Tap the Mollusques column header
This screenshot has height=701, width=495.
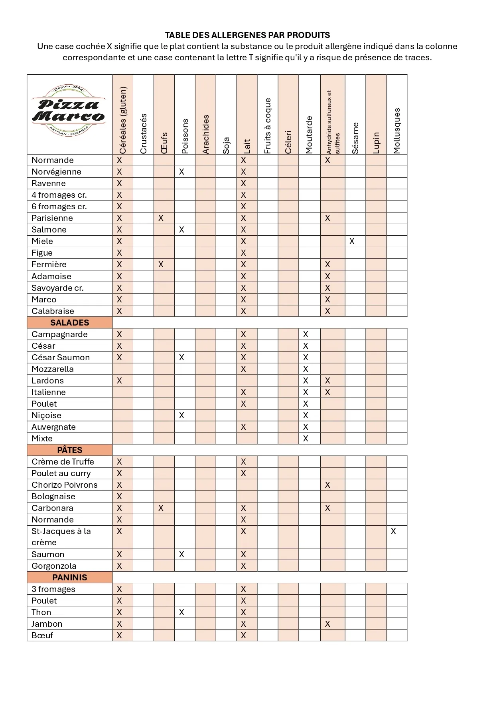tap(396, 131)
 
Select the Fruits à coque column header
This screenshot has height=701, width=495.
tap(268, 125)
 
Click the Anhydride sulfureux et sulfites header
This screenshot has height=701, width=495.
tap(332, 121)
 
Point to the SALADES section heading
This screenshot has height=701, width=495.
tap(70, 323)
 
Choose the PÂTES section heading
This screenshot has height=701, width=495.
tap(70, 450)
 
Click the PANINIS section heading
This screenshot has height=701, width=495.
tap(70, 578)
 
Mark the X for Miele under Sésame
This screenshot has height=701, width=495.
tap(352, 241)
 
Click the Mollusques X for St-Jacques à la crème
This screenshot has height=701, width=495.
tap(393, 531)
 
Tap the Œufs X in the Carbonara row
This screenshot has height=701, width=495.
tap(161, 508)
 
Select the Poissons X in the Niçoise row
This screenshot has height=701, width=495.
tap(181, 415)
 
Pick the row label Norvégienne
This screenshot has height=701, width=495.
tap(56, 172)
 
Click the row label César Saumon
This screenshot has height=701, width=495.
tap(61, 357)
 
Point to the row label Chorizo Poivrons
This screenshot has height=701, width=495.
tap(65, 485)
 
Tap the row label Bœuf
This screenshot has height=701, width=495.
tap(42, 635)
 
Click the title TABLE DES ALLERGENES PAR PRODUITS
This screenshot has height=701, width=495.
tap(247, 35)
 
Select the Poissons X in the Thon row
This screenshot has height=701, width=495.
tap(181, 612)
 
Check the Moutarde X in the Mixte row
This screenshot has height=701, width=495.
tap(306, 439)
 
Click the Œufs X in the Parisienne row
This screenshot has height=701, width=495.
tap(161, 218)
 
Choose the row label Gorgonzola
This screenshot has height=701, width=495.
tap(54, 566)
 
